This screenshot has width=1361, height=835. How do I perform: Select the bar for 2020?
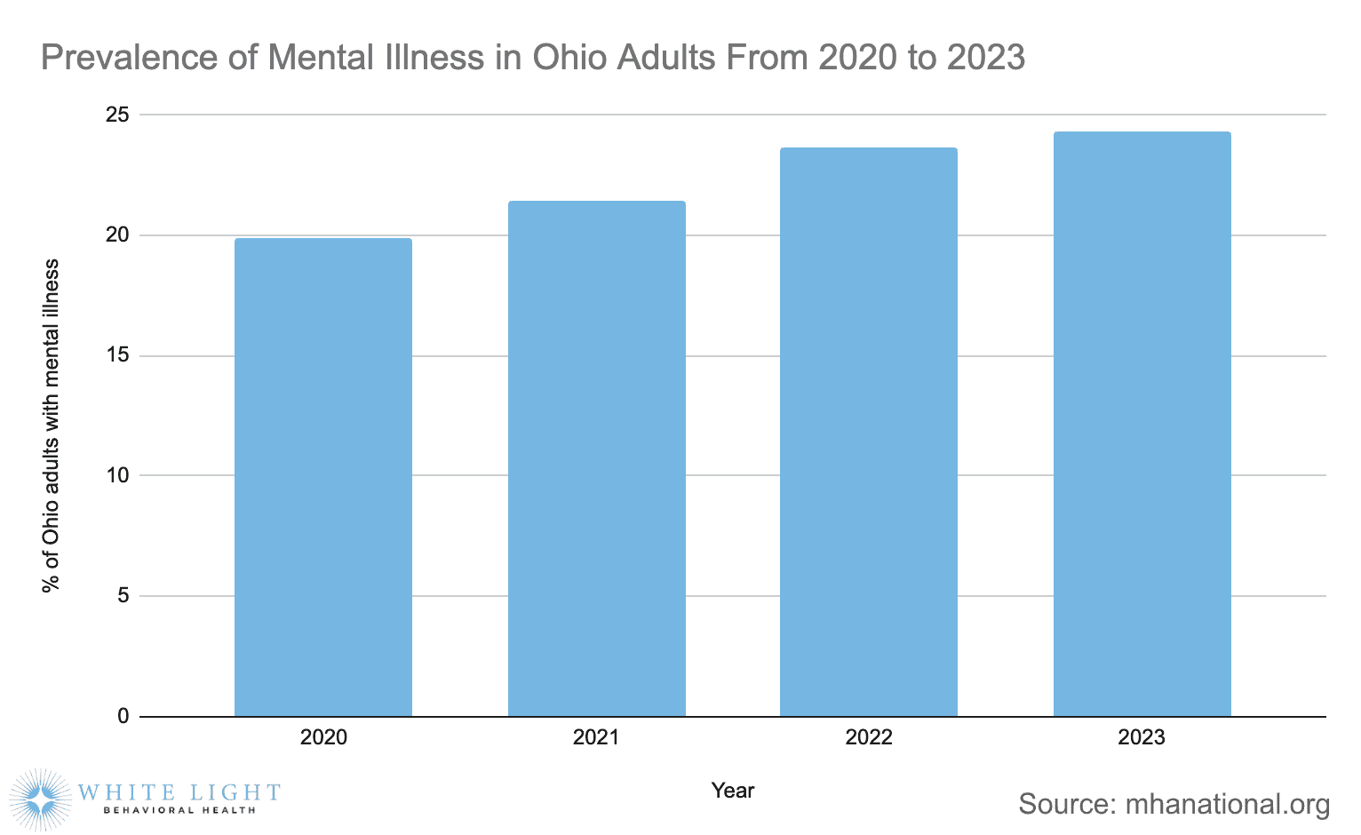323,477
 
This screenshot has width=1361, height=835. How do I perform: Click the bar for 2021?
596,458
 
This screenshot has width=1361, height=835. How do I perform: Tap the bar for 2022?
869,432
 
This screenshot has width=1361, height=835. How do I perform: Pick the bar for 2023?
1142,424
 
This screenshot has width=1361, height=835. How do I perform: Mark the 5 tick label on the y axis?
123,595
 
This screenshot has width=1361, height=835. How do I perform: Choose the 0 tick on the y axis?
123,716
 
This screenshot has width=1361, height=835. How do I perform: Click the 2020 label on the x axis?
323,737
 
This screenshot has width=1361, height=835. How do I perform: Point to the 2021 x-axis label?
596,737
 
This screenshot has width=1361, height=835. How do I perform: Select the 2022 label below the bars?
869,737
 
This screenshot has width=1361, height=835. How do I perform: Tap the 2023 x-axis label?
1142,737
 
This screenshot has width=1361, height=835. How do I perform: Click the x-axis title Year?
733,791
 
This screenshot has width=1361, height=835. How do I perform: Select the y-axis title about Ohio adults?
52,425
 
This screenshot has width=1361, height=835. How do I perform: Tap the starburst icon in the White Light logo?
41,799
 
